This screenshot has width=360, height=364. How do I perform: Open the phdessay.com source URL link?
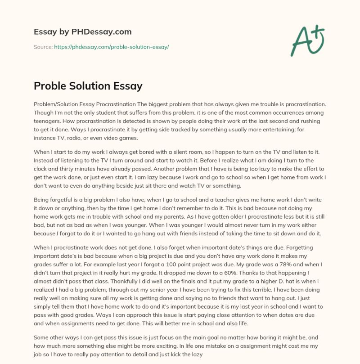111,47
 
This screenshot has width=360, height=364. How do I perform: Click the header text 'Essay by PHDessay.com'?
83,32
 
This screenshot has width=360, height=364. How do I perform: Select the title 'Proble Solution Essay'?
88,85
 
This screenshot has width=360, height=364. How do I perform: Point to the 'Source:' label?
43,47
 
